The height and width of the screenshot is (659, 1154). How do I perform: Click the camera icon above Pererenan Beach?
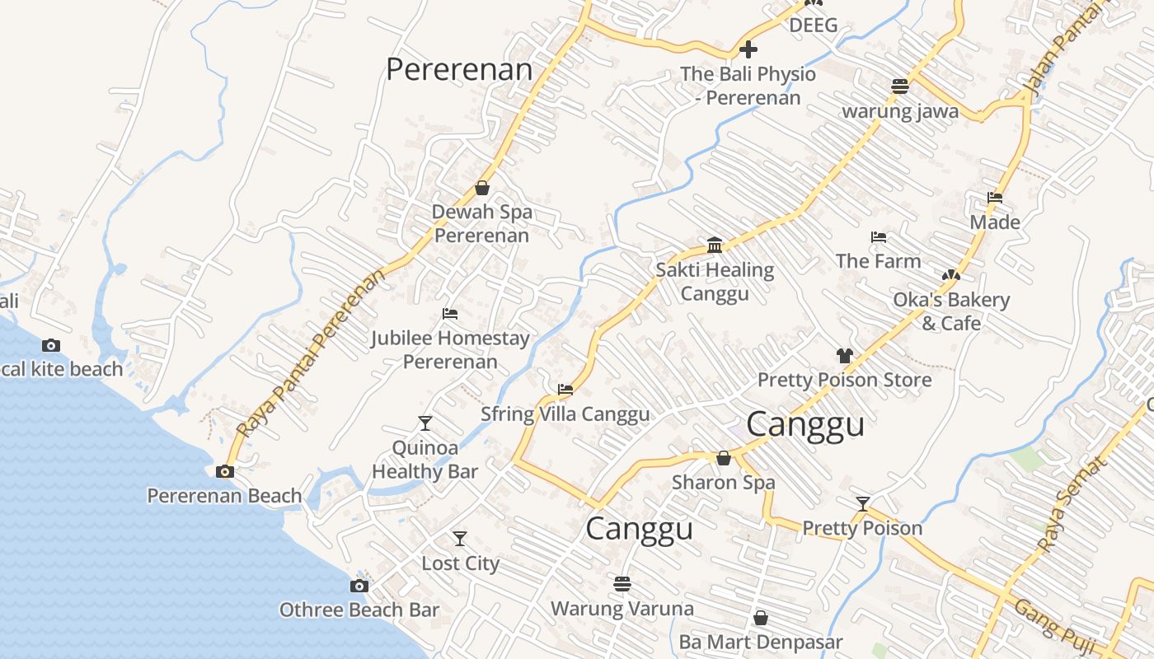coord(224,472)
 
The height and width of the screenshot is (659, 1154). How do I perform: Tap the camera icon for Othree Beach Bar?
coord(359,586)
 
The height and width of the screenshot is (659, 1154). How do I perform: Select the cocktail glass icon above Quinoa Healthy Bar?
coord(425,423)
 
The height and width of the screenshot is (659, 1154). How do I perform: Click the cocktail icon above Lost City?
coord(460,539)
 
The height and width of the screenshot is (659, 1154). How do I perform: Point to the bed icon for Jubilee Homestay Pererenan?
coord(450,314)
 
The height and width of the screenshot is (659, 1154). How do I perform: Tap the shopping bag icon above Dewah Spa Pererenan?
coord(482,188)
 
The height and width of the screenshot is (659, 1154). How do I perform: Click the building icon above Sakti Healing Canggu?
coord(715,245)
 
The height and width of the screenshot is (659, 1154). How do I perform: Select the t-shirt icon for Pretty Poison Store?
coord(844,356)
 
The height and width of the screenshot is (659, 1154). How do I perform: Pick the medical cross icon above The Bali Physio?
coord(748,49)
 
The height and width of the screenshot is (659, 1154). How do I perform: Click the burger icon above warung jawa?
coord(900,86)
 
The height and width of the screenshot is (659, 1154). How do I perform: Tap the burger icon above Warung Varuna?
coord(622,584)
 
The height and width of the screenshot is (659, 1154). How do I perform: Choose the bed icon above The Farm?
coord(879,237)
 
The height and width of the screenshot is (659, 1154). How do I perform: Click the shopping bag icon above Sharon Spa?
coord(724,458)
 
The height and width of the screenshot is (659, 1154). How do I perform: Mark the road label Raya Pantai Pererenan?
coord(311,353)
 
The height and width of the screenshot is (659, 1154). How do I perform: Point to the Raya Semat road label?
coord(1072,504)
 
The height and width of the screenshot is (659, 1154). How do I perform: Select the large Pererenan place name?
coord(459,69)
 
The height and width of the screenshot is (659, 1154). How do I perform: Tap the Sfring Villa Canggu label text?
coord(565,414)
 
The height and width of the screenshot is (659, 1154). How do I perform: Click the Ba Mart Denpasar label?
coord(761,642)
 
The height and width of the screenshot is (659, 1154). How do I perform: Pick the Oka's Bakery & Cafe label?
coord(951,311)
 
